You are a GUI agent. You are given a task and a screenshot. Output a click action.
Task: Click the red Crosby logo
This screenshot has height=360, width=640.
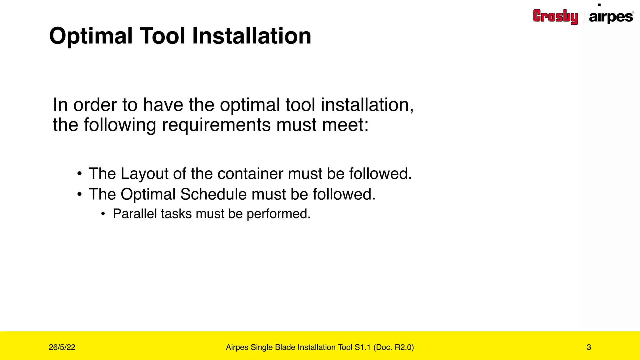click(x=555, y=16)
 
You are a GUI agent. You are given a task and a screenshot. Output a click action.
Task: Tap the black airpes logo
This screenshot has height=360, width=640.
click(x=611, y=17)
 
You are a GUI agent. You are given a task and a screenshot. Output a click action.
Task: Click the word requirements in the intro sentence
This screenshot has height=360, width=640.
click(x=216, y=125)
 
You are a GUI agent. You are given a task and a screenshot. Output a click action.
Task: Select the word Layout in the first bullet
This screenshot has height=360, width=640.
click(x=144, y=174)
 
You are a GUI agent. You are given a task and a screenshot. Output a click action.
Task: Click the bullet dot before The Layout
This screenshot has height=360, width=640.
click(x=80, y=174)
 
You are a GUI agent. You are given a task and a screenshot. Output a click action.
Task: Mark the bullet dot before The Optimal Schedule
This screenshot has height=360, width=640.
click(x=80, y=194)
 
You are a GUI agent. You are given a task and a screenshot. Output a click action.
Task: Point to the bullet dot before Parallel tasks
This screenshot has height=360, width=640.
click(x=103, y=214)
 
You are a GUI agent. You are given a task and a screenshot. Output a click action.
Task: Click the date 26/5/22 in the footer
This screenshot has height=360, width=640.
click(x=62, y=347)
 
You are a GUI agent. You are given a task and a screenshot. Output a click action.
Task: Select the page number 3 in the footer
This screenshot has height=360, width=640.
click(x=589, y=347)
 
